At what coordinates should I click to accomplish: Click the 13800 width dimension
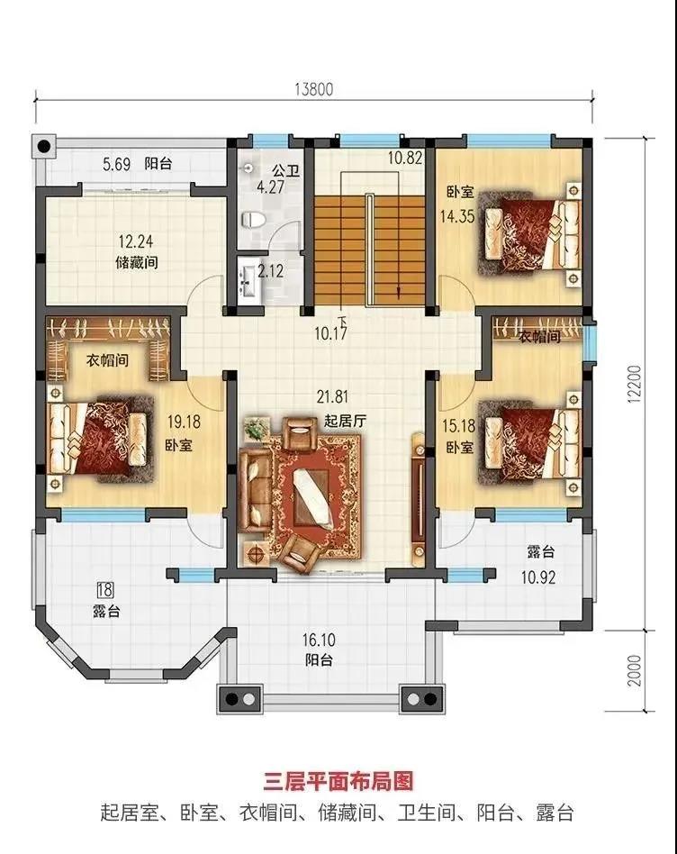click(313, 89)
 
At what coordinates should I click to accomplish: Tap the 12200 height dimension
click(635, 384)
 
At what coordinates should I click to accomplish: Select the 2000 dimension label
click(635, 670)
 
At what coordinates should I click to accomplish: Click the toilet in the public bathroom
click(253, 220)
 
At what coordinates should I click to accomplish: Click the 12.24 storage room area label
click(136, 241)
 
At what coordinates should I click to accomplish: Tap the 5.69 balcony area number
click(116, 164)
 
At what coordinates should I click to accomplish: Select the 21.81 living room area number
click(332, 397)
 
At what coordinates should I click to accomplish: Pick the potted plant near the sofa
click(257, 428)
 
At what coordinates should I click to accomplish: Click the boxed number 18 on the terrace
click(105, 589)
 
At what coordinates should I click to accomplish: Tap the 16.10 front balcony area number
click(319, 640)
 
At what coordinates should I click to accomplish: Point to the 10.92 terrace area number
click(538, 577)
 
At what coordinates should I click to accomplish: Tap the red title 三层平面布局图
click(338, 781)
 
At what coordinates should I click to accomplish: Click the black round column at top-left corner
click(43, 146)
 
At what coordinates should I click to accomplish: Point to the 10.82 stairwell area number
click(405, 158)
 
